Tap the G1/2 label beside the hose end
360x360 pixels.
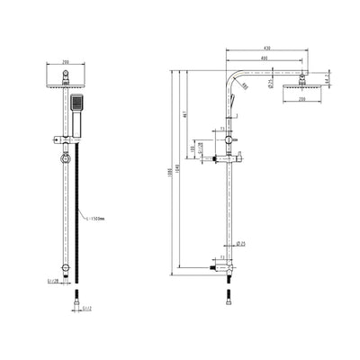(x=87, y=310)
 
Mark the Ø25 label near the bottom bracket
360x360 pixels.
(x=242, y=243)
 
